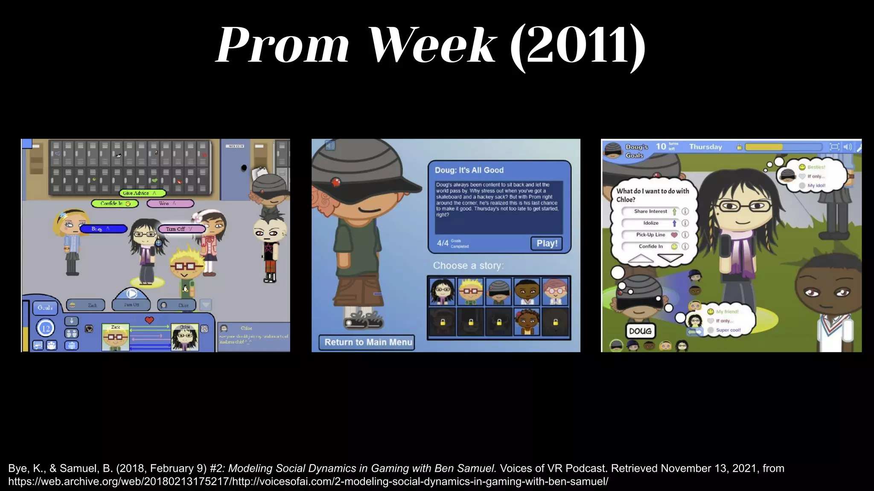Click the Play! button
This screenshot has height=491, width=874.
tap(546, 243)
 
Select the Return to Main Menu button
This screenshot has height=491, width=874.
tap(367, 342)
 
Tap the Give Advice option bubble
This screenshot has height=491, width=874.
tap(142, 193)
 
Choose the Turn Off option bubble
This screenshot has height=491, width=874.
tap(181, 229)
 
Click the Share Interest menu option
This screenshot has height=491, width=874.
tap(650, 211)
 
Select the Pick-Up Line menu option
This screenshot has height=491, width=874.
tap(650, 235)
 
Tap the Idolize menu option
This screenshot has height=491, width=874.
tap(650, 223)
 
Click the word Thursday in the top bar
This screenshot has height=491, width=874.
tap(705, 147)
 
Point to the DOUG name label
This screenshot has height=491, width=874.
tap(640, 331)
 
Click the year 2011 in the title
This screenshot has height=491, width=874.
tap(578, 45)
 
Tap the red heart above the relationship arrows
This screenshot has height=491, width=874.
tap(149, 320)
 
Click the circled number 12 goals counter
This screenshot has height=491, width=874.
tap(46, 328)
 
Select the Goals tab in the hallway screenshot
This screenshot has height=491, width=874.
tap(45, 308)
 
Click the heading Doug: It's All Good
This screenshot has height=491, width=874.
tap(469, 170)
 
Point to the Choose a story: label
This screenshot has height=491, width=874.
tap(468, 266)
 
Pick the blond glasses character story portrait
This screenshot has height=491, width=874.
tap(470, 292)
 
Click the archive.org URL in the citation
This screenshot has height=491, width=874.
tap(308, 482)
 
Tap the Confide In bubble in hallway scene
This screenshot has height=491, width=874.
tap(115, 204)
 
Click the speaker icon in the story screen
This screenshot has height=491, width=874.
tap(330, 146)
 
